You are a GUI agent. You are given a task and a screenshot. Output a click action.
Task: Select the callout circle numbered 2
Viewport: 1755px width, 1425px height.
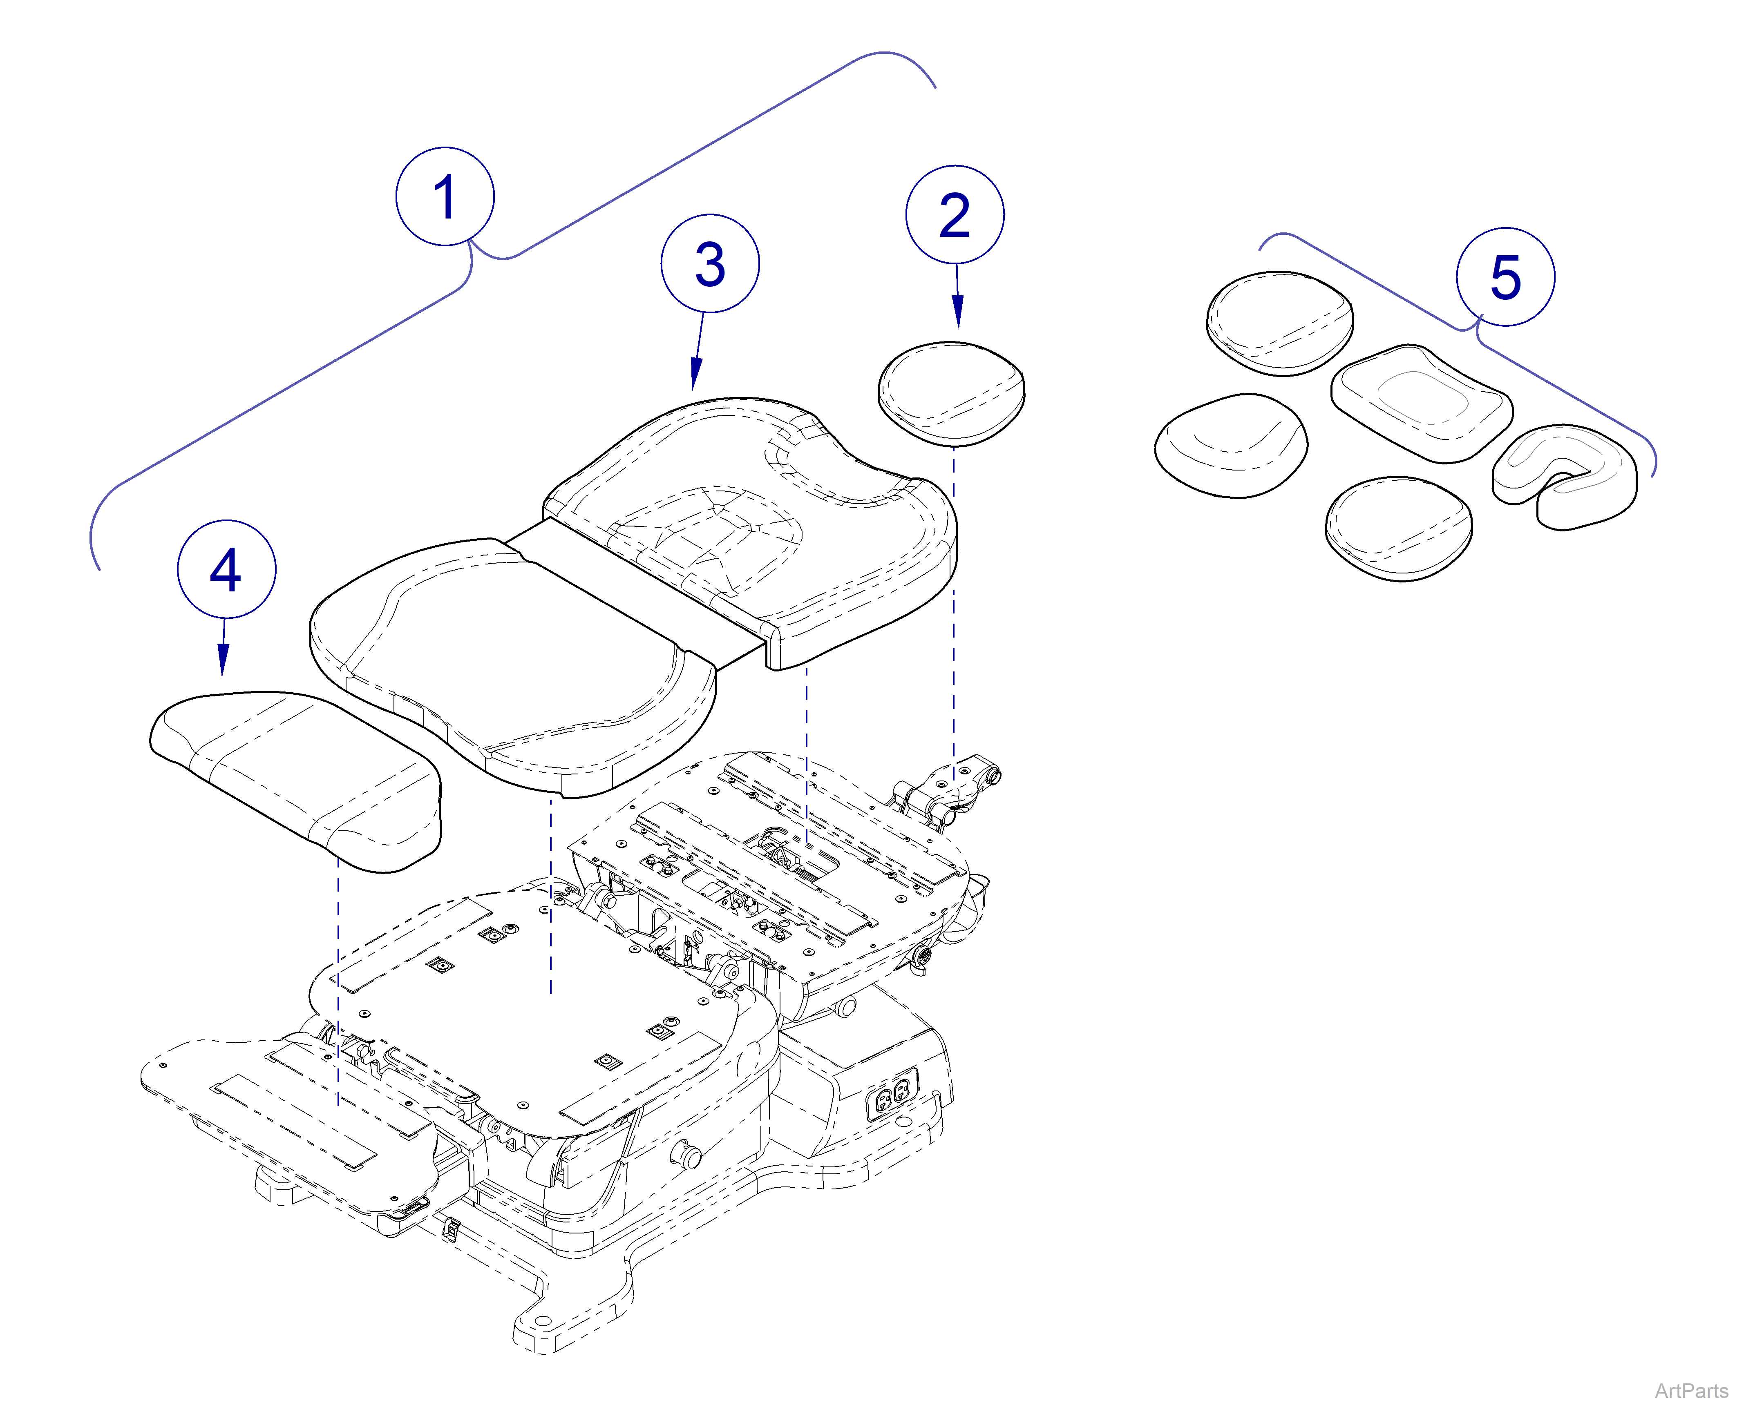pyautogui.click(x=954, y=215)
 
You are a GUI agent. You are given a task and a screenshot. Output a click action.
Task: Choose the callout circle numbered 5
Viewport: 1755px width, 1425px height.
pyautogui.click(x=1505, y=277)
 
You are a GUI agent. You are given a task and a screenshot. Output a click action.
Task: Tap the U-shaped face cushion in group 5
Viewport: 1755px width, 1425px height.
pyautogui.click(x=1565, y=476)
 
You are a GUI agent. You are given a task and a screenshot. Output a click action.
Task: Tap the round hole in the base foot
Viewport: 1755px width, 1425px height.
pyautogui.click(x=544, y=1321)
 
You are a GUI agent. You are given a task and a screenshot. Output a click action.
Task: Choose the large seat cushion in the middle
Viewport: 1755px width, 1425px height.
pyautogui.click(x=509, y=665)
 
